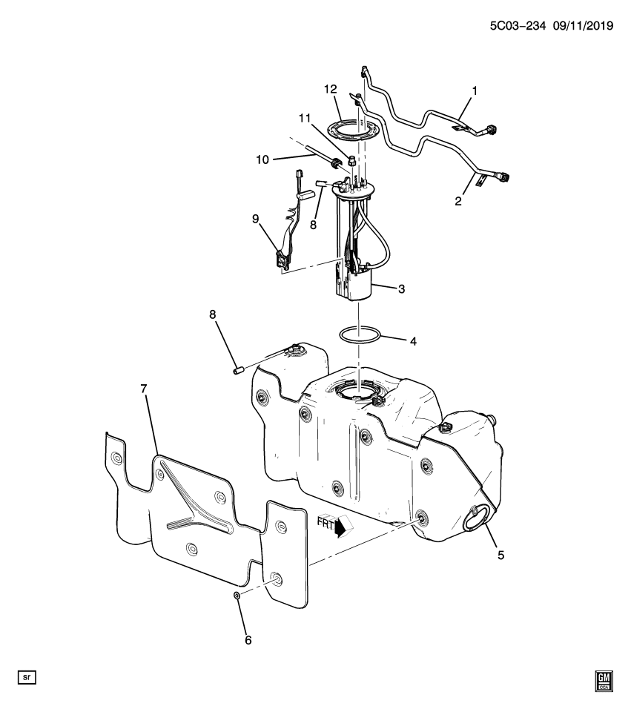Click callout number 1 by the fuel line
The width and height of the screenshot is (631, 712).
point(475,91)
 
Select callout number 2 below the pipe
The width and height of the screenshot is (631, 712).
point(459,201)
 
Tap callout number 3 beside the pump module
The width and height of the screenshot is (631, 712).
point(401,289)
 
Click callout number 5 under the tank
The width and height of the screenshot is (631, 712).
point(500,554)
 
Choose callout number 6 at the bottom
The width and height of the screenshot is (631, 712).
point(248,639)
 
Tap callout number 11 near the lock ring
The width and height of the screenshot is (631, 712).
point(304,118)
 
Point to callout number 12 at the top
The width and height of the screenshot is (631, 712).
point(330,90)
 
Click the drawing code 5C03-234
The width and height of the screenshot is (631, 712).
point(517,25)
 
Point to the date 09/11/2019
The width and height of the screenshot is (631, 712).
point(583,25)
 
